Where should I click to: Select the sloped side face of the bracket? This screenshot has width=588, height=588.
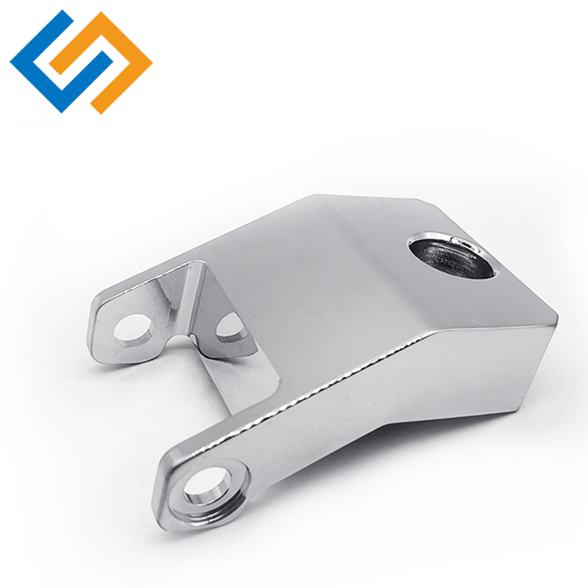[x=412, y=397]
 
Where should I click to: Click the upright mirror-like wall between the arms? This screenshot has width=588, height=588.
[x=176, y=294]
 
